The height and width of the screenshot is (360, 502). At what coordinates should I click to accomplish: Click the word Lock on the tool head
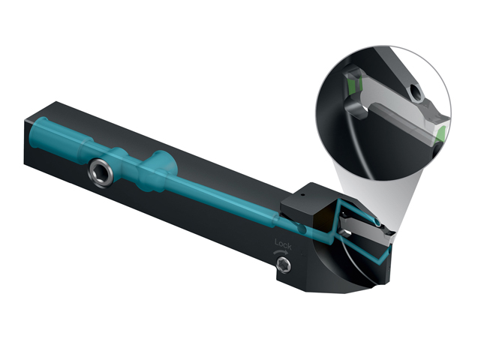click(x=283, y=244)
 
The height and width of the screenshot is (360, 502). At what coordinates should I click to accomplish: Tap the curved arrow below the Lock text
click(x=281, y=252)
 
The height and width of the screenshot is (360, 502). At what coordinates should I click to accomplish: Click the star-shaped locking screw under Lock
click(x=284, y=265)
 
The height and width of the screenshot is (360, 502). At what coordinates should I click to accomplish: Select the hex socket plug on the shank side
click(x=101, y=172)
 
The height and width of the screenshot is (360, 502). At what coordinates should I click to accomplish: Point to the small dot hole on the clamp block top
click(x=302, y=194)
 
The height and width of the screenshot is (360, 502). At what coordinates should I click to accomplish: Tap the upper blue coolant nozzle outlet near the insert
click(x=377, y=222)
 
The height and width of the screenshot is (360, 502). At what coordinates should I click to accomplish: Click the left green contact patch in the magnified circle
click(x=353, y=85)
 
